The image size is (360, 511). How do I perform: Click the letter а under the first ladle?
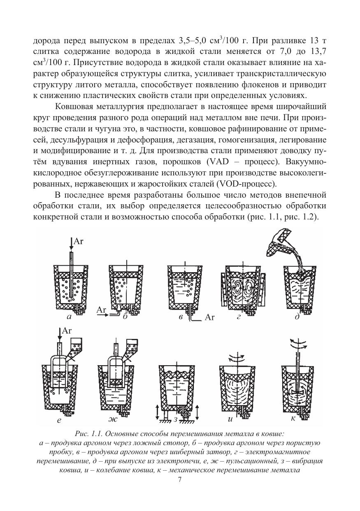click(69, 317)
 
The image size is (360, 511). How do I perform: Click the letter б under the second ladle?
click(124, 317)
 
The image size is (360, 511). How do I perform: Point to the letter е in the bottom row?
click(59, 420)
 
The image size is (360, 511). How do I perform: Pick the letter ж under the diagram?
click(113, 420)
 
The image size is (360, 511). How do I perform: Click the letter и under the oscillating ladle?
click(230, 420)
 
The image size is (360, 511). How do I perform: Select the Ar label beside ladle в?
click(210, 317)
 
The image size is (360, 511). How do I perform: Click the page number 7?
click(179, 479)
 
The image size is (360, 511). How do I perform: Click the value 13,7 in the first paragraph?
click(315, 53)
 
